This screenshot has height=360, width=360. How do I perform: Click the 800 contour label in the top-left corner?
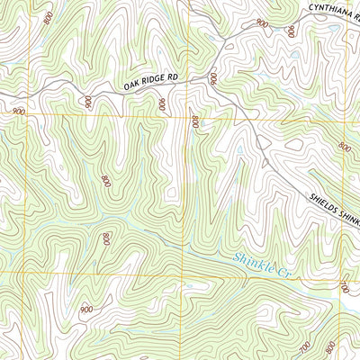46,16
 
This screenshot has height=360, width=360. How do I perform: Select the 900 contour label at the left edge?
19,110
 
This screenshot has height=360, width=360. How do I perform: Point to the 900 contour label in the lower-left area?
86,309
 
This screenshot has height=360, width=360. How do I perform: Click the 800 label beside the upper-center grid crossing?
193,121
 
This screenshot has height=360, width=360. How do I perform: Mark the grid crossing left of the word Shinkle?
188,271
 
